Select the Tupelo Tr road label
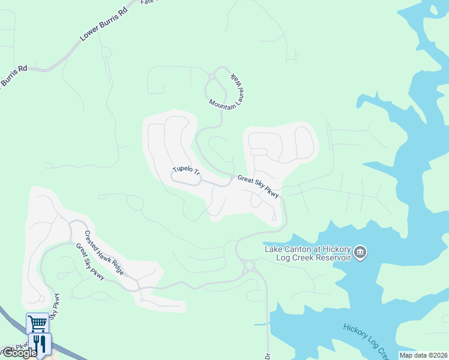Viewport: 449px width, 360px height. click(x=186, y=172)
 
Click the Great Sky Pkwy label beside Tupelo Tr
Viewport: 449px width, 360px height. click(x=259, y=187)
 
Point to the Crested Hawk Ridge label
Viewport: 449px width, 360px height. click(x=104, y=253)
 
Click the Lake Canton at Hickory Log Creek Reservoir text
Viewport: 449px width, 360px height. click(x=307, y=253)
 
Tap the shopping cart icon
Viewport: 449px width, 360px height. click(x=37, y=324)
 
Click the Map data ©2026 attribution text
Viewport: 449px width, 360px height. click(x=424, y=355)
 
